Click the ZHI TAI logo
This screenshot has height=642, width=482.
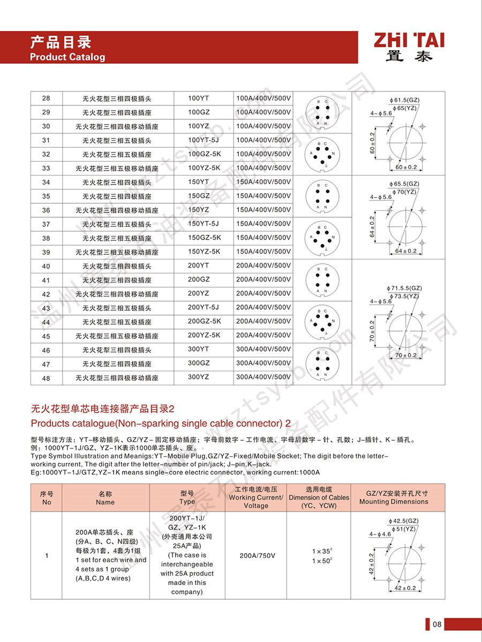pos(409,47)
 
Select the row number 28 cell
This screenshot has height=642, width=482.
pos(46,98)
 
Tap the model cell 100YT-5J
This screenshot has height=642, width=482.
pos(204,140)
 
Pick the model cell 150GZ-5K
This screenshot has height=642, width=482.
pos(204,238)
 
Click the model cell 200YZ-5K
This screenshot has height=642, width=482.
pos(204,335)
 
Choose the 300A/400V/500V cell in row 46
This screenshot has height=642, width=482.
pos(263,349)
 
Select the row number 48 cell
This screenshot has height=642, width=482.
pos(46,378)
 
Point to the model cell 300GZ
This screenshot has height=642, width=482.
pos(199,363)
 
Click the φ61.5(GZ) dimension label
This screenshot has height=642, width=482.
pos(405,100)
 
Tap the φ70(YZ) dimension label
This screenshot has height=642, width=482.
pos(405,192)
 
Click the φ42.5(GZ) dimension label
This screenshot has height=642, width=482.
pos(404,521)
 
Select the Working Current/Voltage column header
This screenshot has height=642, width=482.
pos(255,498)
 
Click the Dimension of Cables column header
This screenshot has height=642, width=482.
pos(319,498)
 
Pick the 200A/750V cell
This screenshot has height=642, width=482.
pos(255,556)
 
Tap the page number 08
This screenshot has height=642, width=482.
pos(437,624)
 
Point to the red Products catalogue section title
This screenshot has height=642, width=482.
pos(161,423)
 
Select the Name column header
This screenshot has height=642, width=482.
pos(105,498)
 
